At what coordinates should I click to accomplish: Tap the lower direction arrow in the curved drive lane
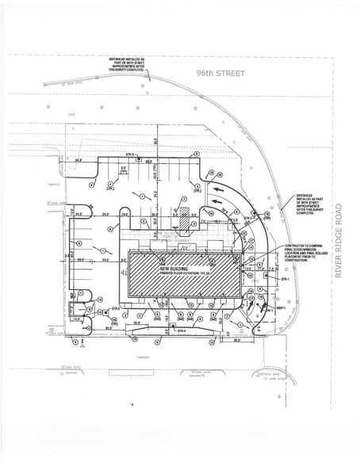212,212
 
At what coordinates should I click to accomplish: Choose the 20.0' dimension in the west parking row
80,259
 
